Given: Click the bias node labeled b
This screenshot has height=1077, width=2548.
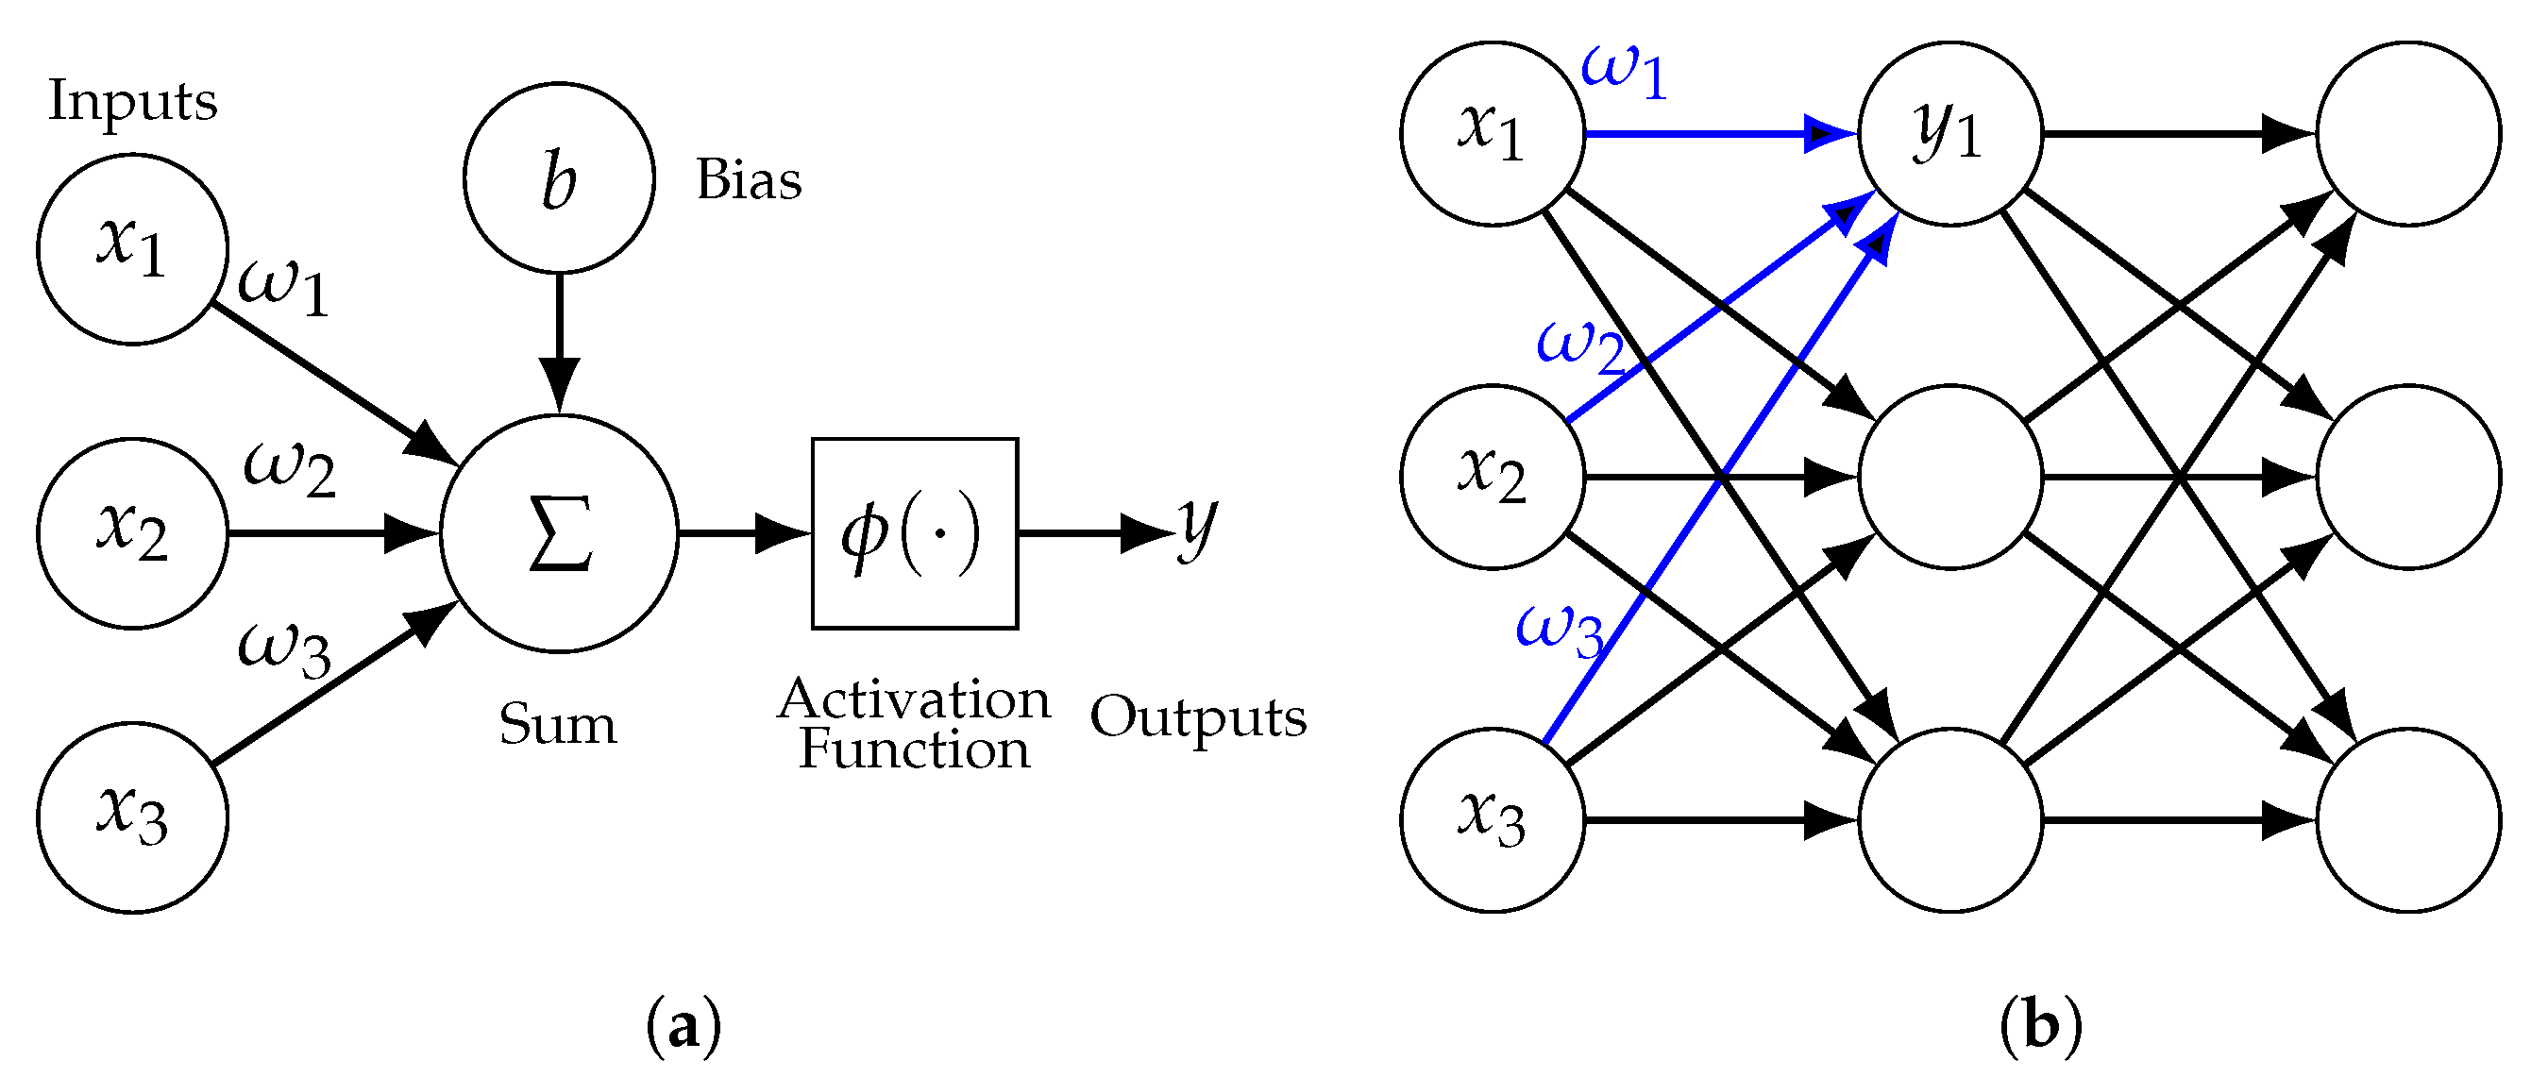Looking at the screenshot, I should tap(559, 178).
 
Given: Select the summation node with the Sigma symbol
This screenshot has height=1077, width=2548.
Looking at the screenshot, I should tap(559, 533).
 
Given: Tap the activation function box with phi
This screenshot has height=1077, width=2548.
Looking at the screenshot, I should tap(915, 533).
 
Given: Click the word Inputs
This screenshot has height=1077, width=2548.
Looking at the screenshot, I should tap(132, 102).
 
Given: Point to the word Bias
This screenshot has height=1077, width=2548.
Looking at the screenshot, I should tap(749, 180).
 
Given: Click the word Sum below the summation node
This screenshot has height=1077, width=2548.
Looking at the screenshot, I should tap(557, 724).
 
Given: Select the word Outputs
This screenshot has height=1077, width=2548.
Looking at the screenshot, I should tap(1198, 718).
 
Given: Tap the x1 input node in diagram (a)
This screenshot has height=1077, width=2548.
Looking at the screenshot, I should tap(132, 249).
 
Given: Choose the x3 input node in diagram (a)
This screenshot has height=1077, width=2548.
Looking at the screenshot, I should tap(132, 816).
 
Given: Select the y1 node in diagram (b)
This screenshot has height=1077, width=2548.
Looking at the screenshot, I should tap(1949, 133).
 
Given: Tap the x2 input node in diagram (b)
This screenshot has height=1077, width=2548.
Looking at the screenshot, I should tap(1492, 477).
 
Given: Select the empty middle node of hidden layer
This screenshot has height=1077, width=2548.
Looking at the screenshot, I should tap(1949, 477).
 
